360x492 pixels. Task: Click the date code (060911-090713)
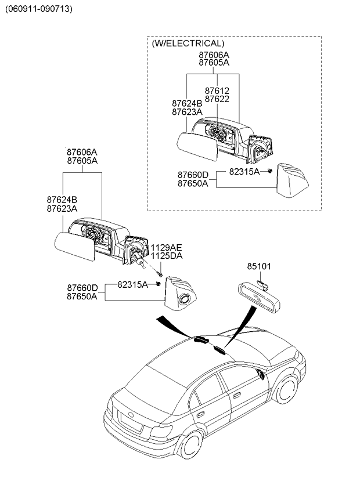(x=39, y=9)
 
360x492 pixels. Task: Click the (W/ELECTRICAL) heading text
(x=188, y=44)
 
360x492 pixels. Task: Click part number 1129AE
(x=167, y=247)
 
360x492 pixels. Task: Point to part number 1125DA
(x=167, y=256)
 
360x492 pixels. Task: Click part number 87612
(x=217, y=91)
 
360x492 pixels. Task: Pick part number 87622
(x=217, y=99)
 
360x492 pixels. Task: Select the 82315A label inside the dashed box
(x=244, y=172)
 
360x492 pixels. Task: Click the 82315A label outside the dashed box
(x=133, y=284)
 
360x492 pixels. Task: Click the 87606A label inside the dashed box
(x=214, y=55)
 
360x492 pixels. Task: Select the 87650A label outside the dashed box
(x=82, y=296)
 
